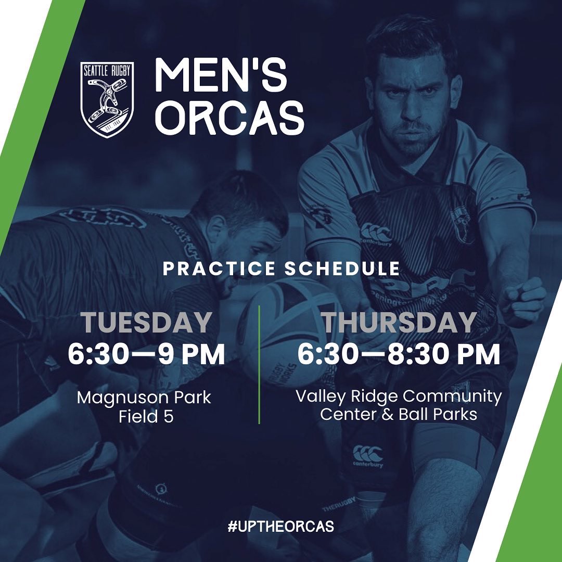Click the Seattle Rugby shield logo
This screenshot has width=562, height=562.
[x=107, y=99]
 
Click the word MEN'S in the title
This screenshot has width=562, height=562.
[x=221, y=78]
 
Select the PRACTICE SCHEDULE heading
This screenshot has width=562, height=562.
[x=281, y=269]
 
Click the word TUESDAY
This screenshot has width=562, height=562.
[x=146, y=323]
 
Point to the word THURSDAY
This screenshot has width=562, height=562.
[x=399, y=323]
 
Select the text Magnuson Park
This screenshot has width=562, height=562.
[x=144, y=398]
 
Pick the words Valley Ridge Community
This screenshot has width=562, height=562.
[x=399, y=397]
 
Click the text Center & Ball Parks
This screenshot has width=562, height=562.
[x=399, y=415]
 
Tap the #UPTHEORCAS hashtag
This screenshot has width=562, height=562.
[x=280, y=526]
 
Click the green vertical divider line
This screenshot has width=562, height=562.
[x=259, y=364]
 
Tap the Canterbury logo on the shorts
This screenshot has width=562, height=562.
[x=367, y=455]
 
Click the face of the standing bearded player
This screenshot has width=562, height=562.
[x=414, y=104]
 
